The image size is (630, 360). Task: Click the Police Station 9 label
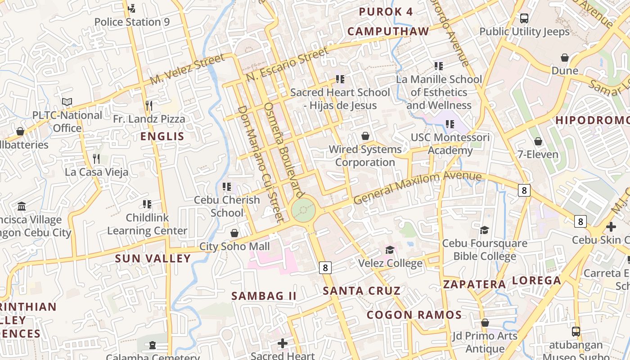point(132,22)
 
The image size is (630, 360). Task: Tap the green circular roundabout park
point(303,210)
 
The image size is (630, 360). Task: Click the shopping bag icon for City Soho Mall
point(234,233)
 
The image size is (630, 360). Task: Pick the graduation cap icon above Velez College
point(390,249)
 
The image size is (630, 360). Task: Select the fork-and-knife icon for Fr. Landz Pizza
point(149,106)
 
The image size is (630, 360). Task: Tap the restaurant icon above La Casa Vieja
point(96,158)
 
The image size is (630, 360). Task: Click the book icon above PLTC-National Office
point(67,102)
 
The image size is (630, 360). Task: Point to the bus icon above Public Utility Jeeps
point(524,18)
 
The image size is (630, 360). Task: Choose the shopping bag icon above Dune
point(565,58)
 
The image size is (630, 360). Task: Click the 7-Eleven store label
point(538,154)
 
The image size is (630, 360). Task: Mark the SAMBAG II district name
point(264,296)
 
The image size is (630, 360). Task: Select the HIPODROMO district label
point(592,120)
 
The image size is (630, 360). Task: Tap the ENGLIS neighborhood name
point(162,136)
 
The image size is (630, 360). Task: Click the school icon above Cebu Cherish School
point(227,186)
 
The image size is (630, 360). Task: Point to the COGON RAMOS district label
point(414,315)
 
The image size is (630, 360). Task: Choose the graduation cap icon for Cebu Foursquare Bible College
point(484,230)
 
